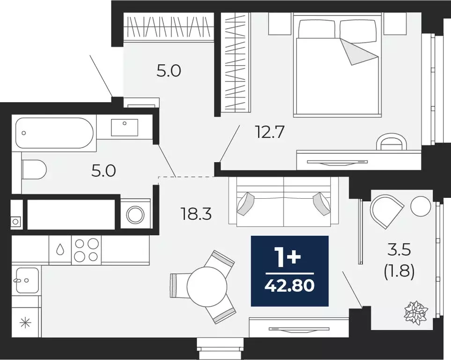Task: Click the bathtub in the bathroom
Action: (x=54, y=133)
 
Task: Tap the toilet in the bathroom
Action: (x=34, y=169)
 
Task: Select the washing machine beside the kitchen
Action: (x=135, y=214)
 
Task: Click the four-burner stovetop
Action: (x=86, y=249)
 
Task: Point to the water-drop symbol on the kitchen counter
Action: (x=60, y=249)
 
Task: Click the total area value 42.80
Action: (x=289, y=286)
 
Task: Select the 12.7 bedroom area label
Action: (x=270, y=133)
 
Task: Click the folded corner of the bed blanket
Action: (x=359, y=52)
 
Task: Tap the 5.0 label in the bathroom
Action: (x=104, y=171)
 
